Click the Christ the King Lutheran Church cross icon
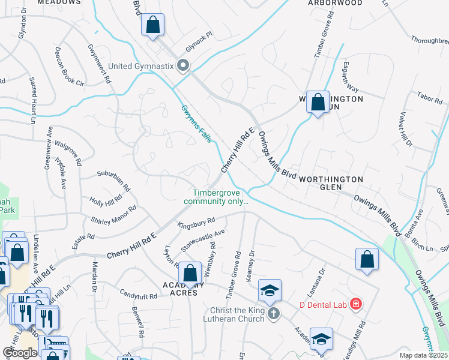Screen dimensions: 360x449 click(274, 313)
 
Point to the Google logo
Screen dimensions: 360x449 click(20, 353)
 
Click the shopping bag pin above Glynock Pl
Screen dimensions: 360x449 click(153, 26)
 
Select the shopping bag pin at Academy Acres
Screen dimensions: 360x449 click(190, 273)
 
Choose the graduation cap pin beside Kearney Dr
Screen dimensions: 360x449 click(270, 290)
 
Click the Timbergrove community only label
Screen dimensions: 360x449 click(220, 197)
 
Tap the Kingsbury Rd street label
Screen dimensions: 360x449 click(196, 223)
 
